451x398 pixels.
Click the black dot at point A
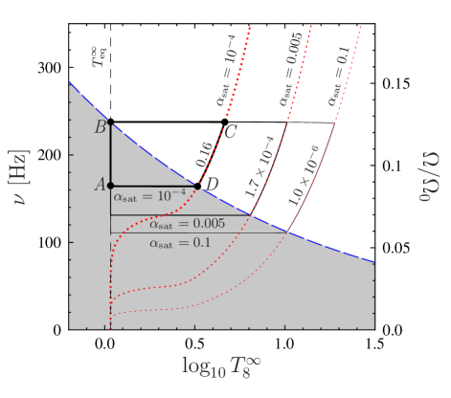110,186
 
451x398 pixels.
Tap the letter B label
100,127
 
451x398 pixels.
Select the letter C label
231,132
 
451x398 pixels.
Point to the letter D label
213,184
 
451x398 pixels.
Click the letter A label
99,186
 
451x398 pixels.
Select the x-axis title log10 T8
221,365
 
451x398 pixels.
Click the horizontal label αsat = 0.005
187,224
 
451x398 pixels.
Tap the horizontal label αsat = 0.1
180,243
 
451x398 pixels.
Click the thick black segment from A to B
110,153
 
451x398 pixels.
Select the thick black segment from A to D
153,186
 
